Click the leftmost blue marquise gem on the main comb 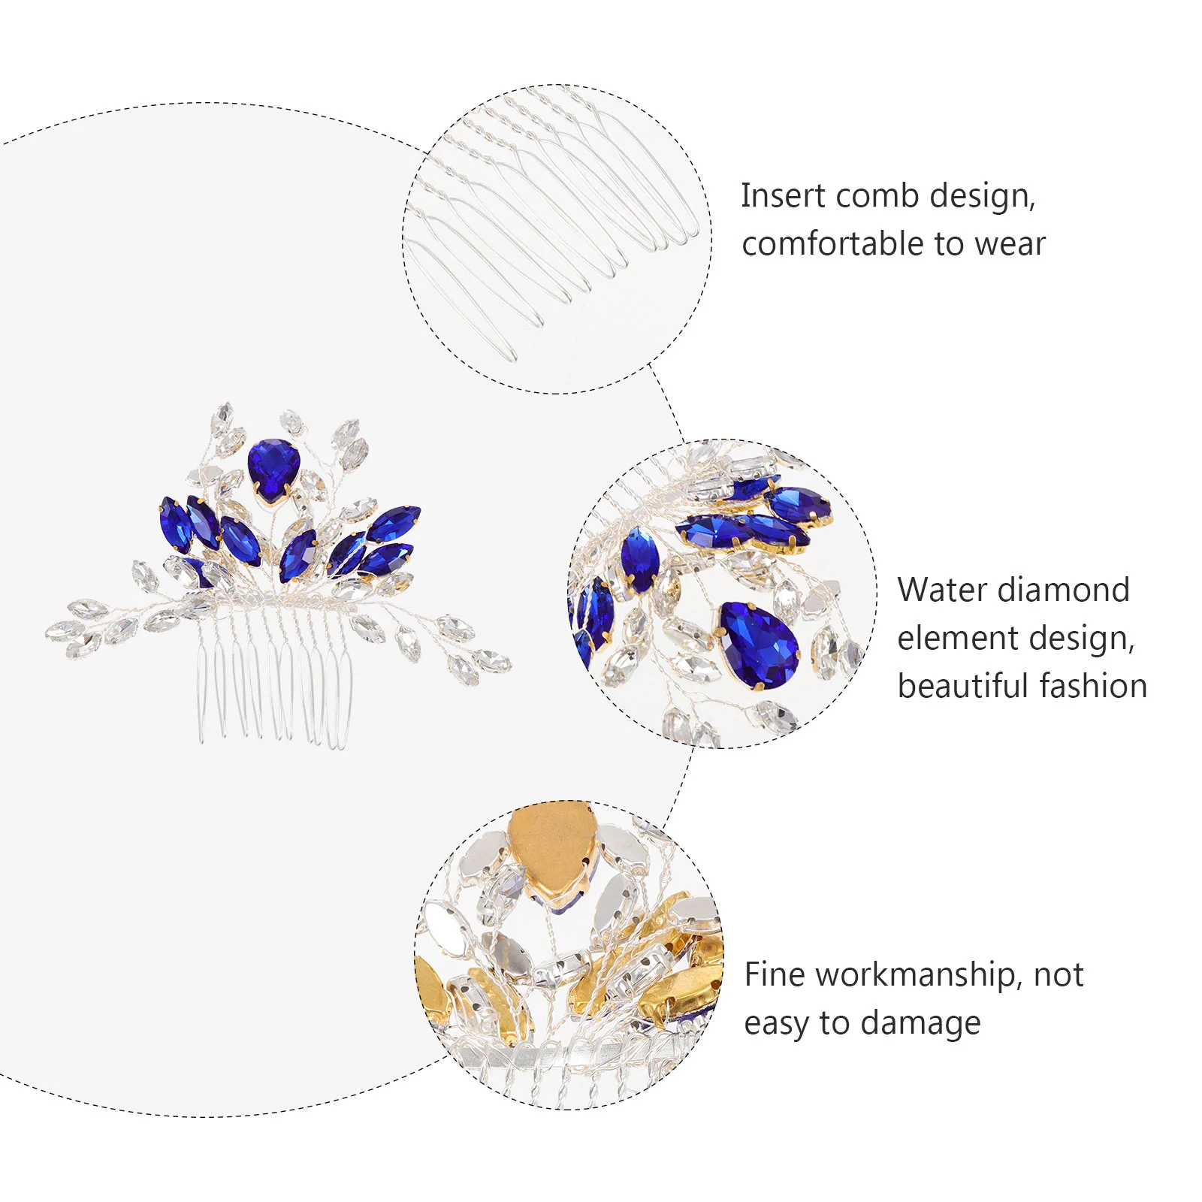[x=175, y=524]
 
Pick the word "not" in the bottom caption [x=1059, y=975]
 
